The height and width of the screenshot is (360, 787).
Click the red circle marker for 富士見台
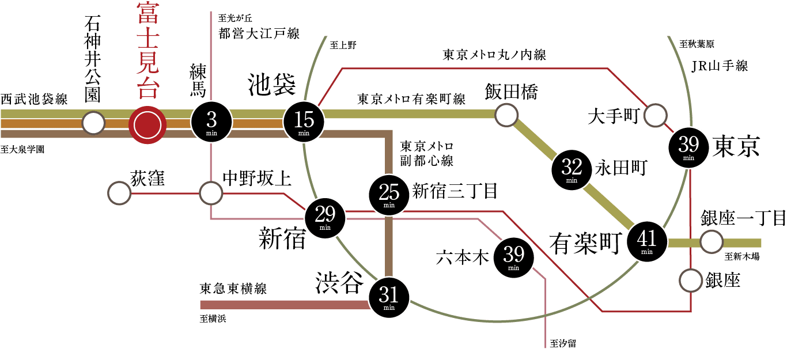[x=147, y=123]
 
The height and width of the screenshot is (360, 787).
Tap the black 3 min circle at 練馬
[x=211, y=122]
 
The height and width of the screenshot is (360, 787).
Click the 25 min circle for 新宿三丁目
[x=389, y=195]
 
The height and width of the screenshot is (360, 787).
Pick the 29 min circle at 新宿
[x=325, y=217]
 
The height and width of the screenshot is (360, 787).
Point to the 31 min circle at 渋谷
[x=389, y=297]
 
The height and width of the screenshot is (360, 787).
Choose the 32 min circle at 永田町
[x=572, y=170]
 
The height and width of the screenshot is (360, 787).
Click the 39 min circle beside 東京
[x=688, y=147]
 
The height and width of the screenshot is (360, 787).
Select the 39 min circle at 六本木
[x=513, y=257]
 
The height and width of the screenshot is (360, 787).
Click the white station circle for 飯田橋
[x=507, y=115]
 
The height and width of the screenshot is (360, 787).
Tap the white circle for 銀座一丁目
[x=711, y=242]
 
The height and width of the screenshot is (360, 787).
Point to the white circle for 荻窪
[x=119, y=194]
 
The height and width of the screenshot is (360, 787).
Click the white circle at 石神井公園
[x=93, y=123]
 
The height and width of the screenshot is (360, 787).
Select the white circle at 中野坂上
[x=211, y=194]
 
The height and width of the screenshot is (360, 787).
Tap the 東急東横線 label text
[x=233, y=289]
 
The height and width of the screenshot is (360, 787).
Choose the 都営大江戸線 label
[x=259, y=34]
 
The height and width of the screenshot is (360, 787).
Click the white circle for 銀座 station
[x=691, y=281]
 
